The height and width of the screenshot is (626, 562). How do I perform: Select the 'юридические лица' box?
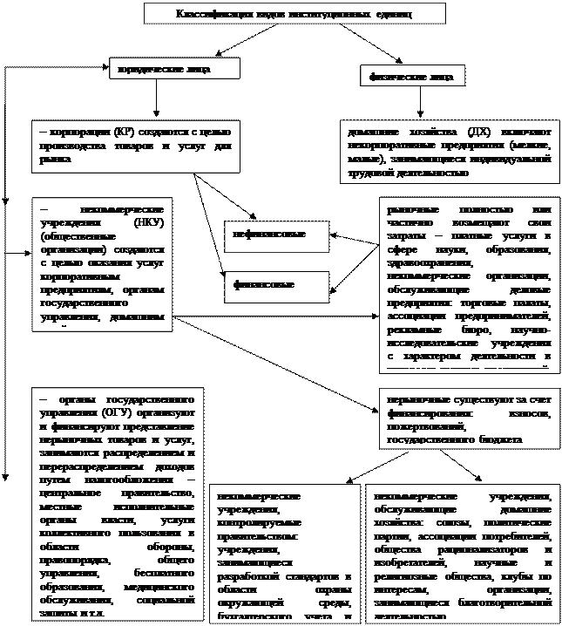coord(174,68)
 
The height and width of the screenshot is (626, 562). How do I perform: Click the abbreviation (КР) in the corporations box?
coord(124,131)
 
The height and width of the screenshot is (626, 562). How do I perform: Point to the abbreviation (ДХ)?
coord(477,131)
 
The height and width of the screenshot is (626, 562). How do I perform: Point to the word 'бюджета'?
coord(499,441)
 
